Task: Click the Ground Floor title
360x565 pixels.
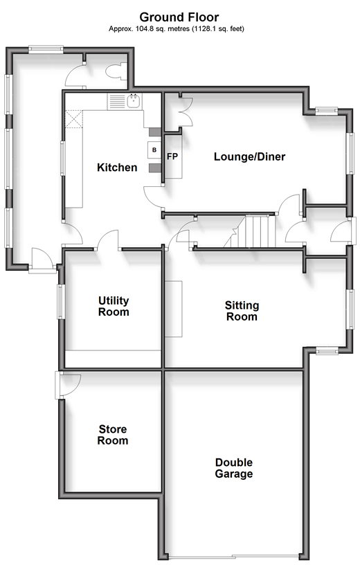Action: click(x=179, y=17)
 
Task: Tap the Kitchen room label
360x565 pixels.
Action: click(x=117, y=168)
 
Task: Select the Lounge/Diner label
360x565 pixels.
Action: click(x=249, y=156)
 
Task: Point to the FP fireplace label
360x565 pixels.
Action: click(x=172, y=156)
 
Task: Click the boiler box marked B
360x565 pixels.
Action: click(x=154, y=150)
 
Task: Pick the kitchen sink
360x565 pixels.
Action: click(x=134, y=100)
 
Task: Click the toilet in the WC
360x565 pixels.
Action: click(x=116, y=71)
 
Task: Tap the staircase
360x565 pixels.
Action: click(x=250, y=231)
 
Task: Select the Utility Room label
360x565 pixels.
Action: click(x=114, y=306)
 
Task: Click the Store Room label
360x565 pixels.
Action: click(x=113, y=435)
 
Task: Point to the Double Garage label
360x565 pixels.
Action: click(x=234, y=467)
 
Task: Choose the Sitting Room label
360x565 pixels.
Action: click(x=242, y=311)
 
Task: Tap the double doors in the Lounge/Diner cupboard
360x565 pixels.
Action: click(x=186, y=111)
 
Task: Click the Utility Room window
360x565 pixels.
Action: click(x=61, y=302)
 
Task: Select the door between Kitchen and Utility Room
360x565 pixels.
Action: click(x=108, y=240)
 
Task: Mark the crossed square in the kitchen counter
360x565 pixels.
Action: click(x=74, y=119)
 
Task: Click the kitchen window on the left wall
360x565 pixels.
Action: click(x=63, y=159)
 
